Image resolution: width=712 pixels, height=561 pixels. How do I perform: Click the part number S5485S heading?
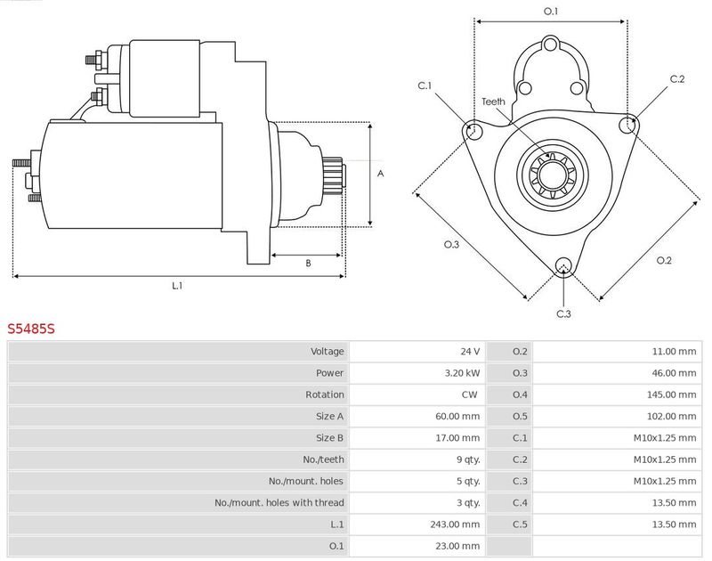(31, 329)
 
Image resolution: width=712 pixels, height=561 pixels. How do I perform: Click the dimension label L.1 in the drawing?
(177, 286)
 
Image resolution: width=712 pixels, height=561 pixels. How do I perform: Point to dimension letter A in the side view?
(380, 174)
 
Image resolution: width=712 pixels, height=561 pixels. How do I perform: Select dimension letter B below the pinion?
(308, 263)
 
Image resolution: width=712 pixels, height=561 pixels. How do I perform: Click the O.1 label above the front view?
(550, 12)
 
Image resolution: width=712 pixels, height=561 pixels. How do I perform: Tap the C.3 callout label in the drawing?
(563, 313)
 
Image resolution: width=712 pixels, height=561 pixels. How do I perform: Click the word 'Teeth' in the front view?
(494, 102)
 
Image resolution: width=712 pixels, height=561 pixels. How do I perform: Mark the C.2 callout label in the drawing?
(677, 79)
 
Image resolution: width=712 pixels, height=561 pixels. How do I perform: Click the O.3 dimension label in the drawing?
(451, 244)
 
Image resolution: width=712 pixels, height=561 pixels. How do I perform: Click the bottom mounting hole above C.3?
(562, 265)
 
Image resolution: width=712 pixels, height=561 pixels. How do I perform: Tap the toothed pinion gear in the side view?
(333, 175)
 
